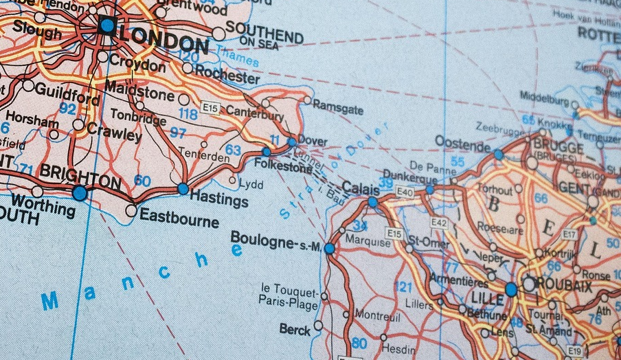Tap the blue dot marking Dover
click(x=292, y=142)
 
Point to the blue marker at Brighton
click(x=80, y=193)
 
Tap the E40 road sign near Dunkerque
click(x=405, y=192)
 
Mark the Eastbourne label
click(x=179, y=218)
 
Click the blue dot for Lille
click(x=511, y=289)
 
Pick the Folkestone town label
click(x=283, y=166)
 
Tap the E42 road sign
click(x=438, y=222)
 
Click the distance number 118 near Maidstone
click(x=188, y=114)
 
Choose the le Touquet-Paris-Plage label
click(x=289, y=294)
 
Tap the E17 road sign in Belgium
click(x=569, y=234)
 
